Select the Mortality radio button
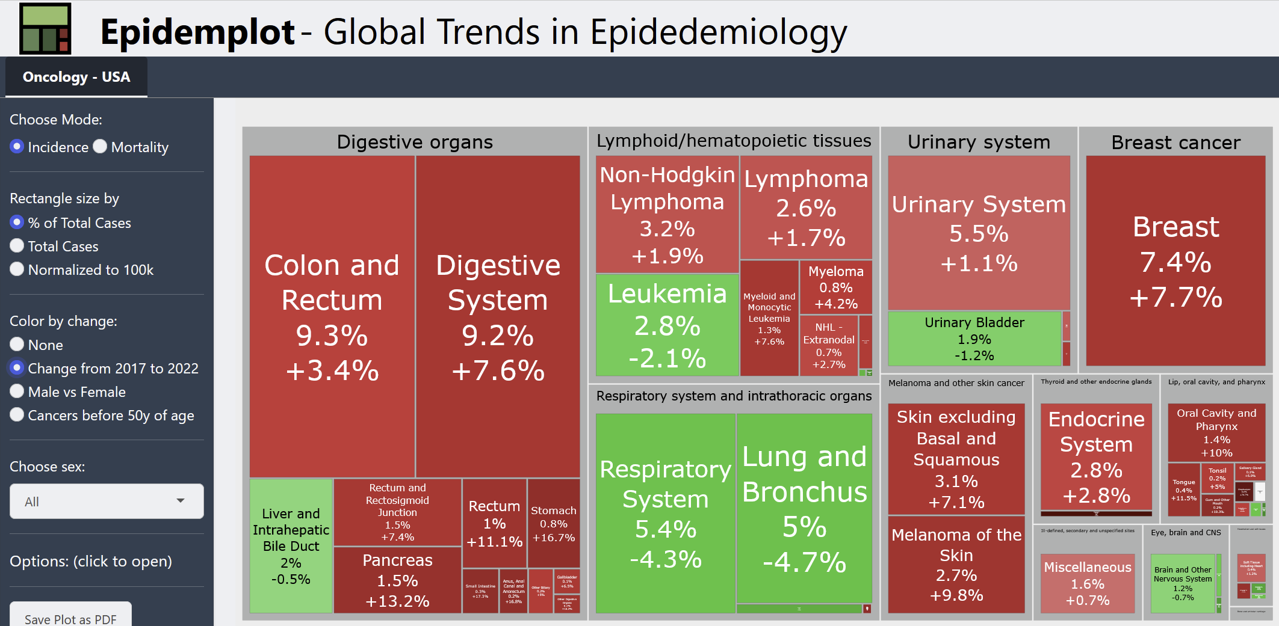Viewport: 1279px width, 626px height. tap(100, 147)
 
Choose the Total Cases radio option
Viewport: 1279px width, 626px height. tap(17, 246)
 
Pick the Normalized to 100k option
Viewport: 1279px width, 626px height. tap(17, 269)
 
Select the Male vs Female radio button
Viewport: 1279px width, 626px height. tap(17, 391)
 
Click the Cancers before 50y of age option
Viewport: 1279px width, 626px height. tap(17, 415)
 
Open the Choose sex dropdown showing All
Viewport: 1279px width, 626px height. tap(107, 501)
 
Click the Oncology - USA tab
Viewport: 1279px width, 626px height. tap(76, 77)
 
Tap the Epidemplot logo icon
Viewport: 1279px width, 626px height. tap(45, 29)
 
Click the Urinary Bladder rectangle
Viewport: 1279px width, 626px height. tap(974, 339)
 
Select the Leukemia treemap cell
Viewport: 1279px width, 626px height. tap(667, 325)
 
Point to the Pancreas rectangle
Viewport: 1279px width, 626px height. tap(397, 580)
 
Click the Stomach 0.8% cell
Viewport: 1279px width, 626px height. tap(553, 523)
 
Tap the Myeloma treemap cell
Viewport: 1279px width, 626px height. tap(835, 287)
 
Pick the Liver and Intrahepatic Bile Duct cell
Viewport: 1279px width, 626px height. tap(291, 546)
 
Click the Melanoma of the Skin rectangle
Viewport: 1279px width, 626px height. tap(956, 565)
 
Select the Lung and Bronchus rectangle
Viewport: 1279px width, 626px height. tap(804, 508)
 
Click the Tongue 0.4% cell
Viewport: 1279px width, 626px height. tap(1183, 489)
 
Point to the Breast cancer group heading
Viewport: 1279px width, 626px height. tap(1175, 143)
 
